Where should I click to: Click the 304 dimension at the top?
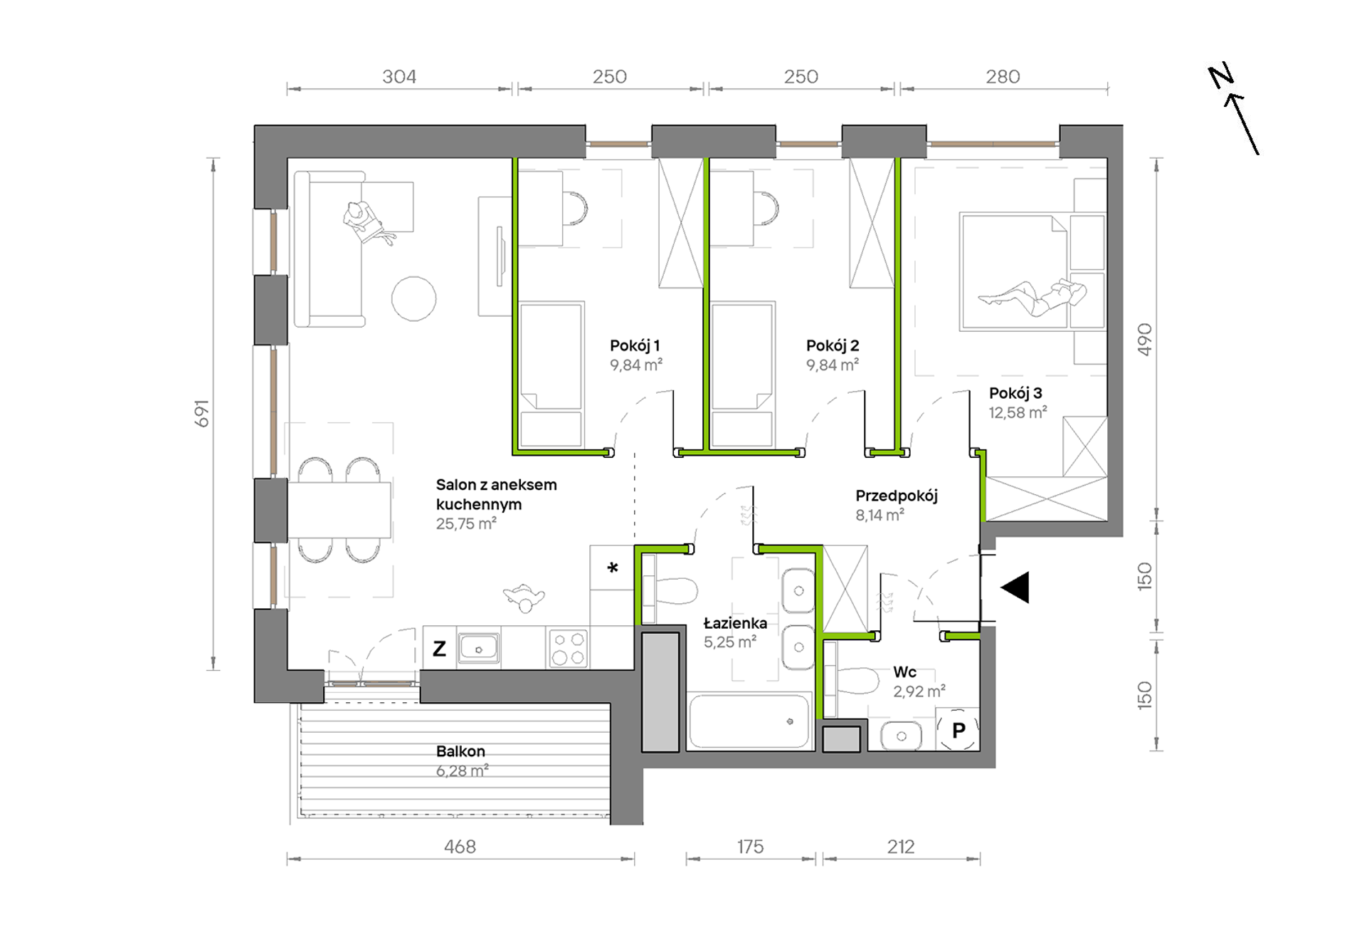tap(399, 76)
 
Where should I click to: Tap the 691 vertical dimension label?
tap(203, 413)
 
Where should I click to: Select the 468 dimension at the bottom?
tap(460, 847)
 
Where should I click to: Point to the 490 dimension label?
tap(1144, 340)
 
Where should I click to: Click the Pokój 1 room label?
tap(635, 345)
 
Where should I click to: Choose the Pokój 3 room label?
tap(1015, 393)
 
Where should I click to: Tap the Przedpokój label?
tap(897, 496)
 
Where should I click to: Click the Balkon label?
tap(460, 751)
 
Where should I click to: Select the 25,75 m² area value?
tap(466, 524)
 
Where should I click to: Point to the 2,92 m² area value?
tap(919, 691)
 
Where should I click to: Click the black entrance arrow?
tap(1015, 587)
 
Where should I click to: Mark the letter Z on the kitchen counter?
tap(440, 649)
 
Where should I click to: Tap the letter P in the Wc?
tap(958, 730)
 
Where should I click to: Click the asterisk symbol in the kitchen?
tap(613, 568)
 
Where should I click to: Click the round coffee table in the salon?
tap(413, 298)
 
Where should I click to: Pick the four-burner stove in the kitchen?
tap(568, 648)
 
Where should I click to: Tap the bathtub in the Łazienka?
tap(750, 721)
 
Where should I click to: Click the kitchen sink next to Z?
tap(478, 648)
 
